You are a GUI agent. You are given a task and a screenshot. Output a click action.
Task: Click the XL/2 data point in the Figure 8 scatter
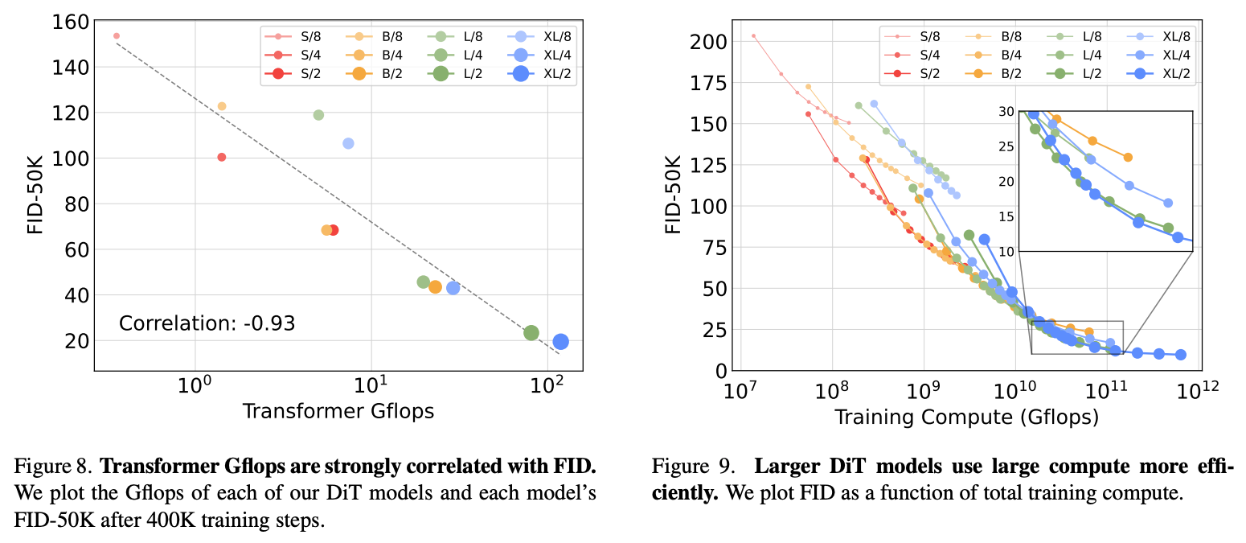click(x=560, y=342)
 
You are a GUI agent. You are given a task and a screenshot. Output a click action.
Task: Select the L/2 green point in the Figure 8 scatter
click(x=531, y=333)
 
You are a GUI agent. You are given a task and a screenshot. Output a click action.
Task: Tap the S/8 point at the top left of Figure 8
click(x=117, y=36)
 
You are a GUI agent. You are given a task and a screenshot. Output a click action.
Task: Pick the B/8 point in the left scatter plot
click(x=222, y=106)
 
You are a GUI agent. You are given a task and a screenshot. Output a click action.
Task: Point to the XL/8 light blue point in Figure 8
click(x=348, y=143)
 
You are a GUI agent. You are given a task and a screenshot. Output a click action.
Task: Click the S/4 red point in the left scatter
click(x=222, y=157)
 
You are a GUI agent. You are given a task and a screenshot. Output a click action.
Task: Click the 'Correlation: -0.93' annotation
click(x=207, y=324)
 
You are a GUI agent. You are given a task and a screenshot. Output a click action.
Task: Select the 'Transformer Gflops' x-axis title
click(x=338, y=411)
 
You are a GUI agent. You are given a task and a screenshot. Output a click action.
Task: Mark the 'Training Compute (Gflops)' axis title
click(x=966, y=418)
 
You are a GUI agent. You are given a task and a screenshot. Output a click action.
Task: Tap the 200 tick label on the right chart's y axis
click(x=705, y=41)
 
